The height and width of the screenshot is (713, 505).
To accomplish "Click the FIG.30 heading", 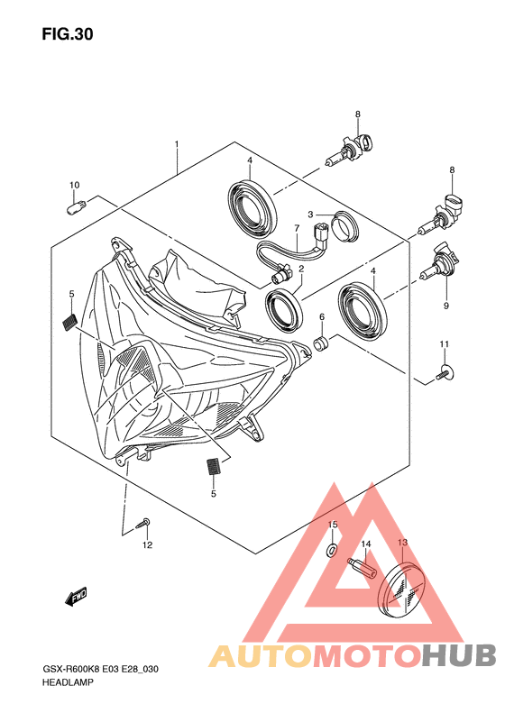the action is point(68,34).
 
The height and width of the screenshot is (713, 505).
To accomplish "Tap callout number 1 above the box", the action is point(177,144).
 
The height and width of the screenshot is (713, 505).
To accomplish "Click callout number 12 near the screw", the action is point(147,545).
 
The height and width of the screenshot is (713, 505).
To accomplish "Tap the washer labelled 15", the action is point(333,550).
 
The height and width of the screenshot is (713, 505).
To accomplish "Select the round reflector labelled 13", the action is point(403,590).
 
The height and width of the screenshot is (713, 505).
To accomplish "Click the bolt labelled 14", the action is point(363,568).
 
